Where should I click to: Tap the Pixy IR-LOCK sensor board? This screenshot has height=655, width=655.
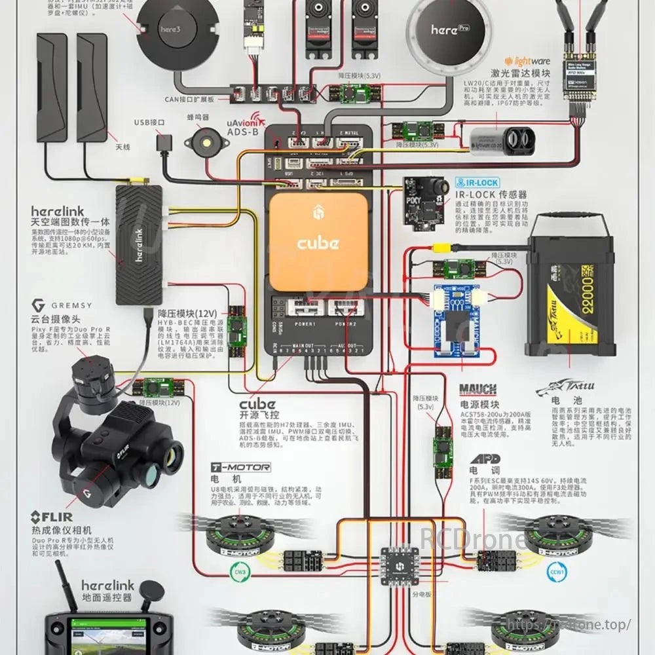click(x=424, y=202)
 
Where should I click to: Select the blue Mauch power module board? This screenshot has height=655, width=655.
click(x=457, y=321)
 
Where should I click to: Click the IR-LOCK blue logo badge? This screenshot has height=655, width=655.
click(x=477, y=183)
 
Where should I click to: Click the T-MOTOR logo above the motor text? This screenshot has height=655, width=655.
click(x=240, y=468)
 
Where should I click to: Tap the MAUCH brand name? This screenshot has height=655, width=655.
click(x=477, y=390)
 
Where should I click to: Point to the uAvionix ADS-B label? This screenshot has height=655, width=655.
click(x=243, y=127)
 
